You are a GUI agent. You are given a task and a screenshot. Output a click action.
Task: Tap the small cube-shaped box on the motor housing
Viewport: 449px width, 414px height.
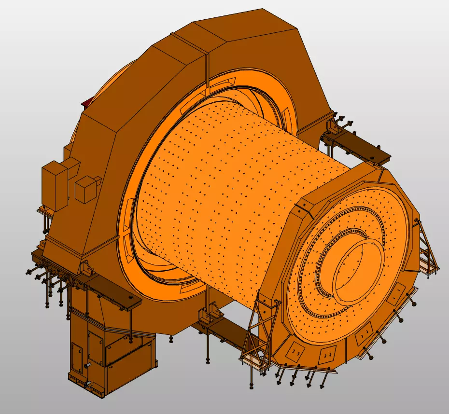(87, 189)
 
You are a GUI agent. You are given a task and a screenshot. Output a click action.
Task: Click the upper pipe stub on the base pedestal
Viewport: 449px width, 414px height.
(88, 366)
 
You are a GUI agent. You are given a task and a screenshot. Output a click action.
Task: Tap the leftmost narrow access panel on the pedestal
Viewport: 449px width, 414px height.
(76, 360)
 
